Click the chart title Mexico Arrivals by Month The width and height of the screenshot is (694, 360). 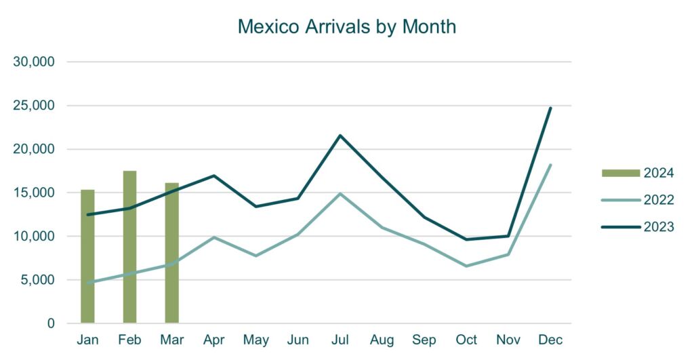[346, 26]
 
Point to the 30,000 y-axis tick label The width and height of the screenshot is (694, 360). [34, 62]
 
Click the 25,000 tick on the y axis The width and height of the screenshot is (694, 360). [34, 106]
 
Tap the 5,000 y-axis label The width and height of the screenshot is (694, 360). [37, 280]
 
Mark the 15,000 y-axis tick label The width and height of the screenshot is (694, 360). [34, 193]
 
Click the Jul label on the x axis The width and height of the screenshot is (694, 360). [340, 340]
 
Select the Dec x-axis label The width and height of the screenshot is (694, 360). [550, 340]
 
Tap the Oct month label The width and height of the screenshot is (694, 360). [466, 340]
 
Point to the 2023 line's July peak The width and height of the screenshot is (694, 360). [340, 136]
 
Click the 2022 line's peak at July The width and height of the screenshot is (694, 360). [340, 194]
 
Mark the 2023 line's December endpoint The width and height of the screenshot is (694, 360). [550, 108]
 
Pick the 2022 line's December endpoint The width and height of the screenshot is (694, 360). [550, 165]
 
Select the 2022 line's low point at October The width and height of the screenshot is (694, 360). [466, 266]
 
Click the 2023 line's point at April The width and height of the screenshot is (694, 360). [213, 176]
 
